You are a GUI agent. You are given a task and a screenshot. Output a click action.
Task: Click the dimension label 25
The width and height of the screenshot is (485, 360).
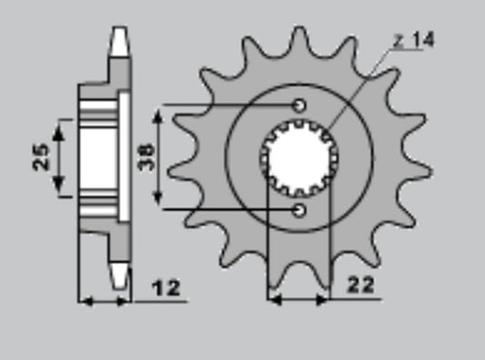click(x=41, y=157)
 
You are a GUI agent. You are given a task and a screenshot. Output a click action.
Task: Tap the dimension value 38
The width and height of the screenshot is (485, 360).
click(x=147, y=157)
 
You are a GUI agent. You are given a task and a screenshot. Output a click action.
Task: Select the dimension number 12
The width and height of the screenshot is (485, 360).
click(x=166, y=288)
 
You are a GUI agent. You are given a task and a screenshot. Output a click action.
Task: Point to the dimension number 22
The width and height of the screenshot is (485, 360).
click(x=360, y=285)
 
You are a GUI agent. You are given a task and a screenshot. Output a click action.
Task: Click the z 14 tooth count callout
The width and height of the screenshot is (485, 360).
click(x=414, y=40)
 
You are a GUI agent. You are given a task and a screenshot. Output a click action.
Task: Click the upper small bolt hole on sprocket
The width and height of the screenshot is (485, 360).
click(x=299, y=105)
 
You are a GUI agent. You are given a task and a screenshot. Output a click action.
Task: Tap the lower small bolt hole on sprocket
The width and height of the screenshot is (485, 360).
click(x=299, y=210)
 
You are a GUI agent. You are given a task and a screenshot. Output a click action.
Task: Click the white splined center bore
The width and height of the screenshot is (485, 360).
click(x=299, y=158)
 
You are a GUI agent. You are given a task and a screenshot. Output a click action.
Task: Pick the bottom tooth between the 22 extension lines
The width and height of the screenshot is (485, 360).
click(x=299, y=272)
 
